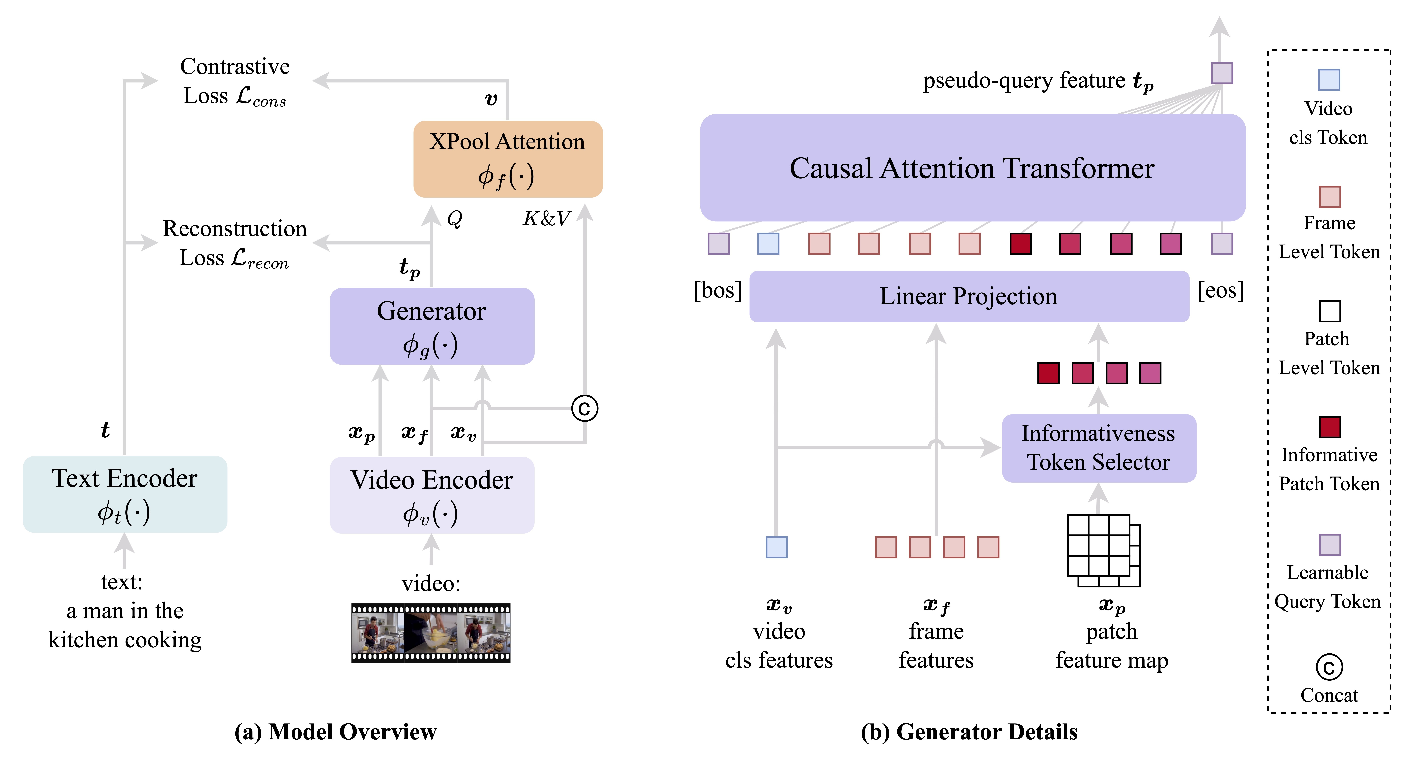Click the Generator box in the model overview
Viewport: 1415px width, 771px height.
pyautogui.click(x=432, y=326)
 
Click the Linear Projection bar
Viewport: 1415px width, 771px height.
pyautogui.click(x=969, y=297)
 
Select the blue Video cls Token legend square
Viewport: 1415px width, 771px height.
pyautogui.click(x=1329, y=80)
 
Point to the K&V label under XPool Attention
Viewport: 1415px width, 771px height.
pyautogui.click(x=547, y=219)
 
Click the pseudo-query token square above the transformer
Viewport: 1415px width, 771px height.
pyautogui.click(x=1222, y=73)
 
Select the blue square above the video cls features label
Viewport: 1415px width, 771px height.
pyautogui.click(x=776, y=547)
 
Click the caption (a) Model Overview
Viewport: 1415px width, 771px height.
pyautogui.click(x=335, y=732)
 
